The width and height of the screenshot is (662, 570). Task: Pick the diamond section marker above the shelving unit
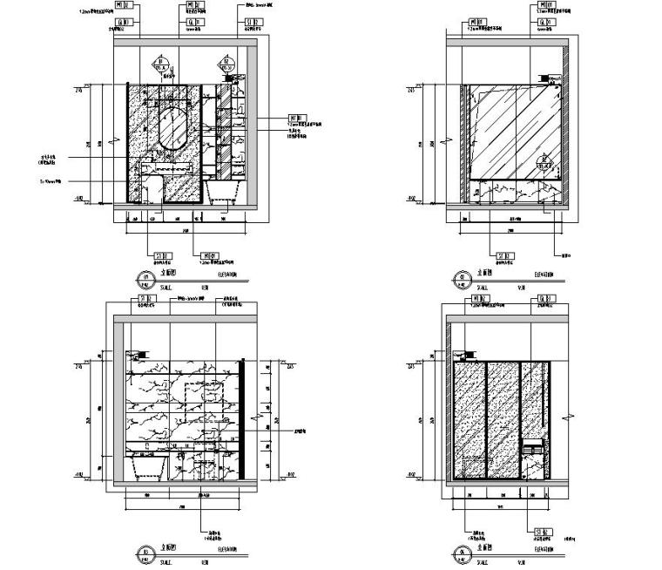click(x=230, y=64)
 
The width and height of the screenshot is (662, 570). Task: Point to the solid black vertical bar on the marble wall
click(x=243, y=417)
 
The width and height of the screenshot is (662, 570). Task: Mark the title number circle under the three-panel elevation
click(x=457, y=552)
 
